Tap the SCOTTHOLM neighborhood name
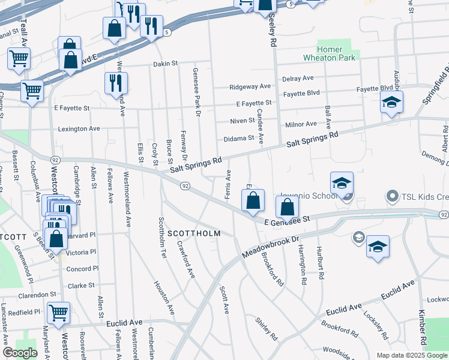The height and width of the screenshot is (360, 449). tap(194, 233)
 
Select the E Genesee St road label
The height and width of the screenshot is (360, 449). tap(287, 220)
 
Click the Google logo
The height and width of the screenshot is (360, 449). tap(20, 353)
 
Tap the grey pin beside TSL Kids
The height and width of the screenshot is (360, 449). tap(393, 196)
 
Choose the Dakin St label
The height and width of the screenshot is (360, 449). tap(166, 63)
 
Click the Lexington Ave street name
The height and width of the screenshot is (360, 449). tap(79, 128)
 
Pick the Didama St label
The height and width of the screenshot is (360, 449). tap(239, 138)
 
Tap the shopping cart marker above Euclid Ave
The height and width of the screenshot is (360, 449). tap(59, 312)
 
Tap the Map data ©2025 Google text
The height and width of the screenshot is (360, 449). tap(411, 355)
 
